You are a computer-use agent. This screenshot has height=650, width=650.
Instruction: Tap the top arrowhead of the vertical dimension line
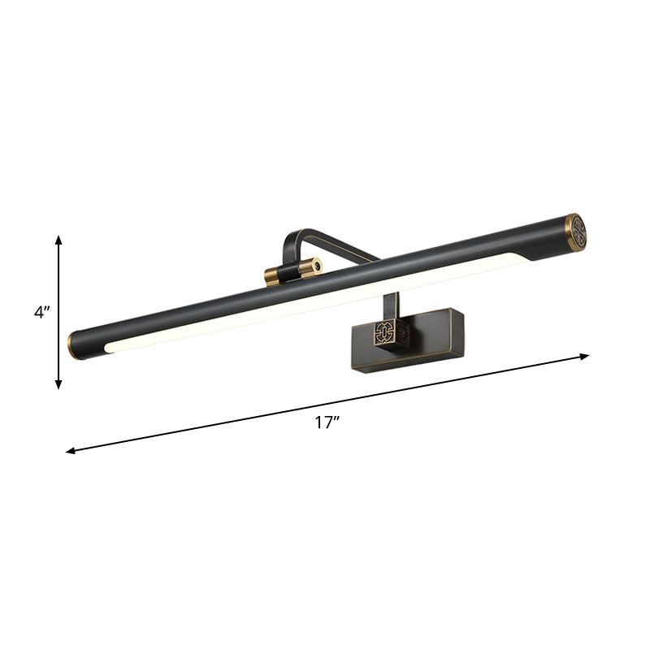(58, 239)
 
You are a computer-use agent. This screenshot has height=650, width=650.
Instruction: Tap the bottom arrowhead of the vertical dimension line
(58, 383)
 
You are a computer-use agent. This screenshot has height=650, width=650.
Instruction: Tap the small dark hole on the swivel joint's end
(317, 266)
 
